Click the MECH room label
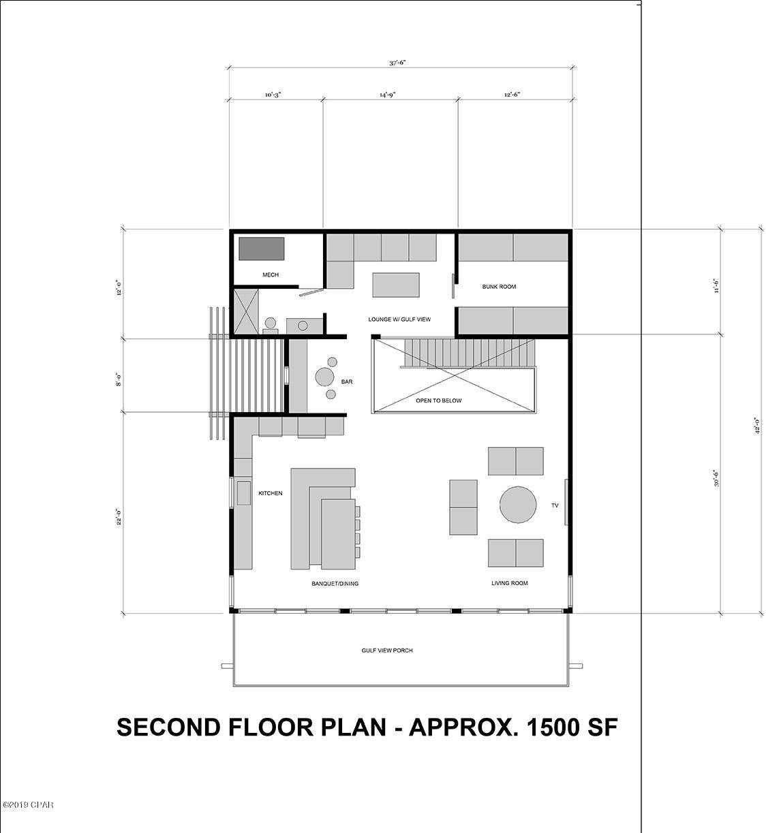click(271, 275)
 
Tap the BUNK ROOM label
click(499, 287)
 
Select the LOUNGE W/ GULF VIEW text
click(399, 319)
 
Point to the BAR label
click(347, 382)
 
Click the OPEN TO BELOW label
click(438, 400)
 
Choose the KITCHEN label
click(270, 493)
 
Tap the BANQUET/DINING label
click(335, 584)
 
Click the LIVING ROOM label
click(510, 583)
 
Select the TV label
click(555, 505)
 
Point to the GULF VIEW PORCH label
click(387, 650)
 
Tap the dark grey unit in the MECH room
click(261, 249)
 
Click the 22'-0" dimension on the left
click(119, 518)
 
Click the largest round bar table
click(324, 377)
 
